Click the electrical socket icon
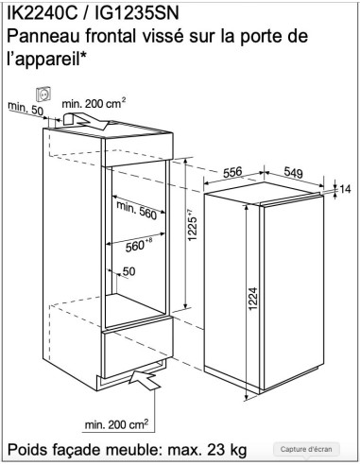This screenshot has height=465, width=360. pos(43,94)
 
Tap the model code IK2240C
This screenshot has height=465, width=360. pos(42,13)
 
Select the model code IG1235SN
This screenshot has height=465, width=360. pos(137,13)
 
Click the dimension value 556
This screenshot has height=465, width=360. pos(232,172)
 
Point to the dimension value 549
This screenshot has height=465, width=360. pos(293,172)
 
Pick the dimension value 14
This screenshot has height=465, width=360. pos(345,189)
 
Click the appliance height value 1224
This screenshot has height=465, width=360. pos(253,299)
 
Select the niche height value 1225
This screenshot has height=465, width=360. pos(192,225)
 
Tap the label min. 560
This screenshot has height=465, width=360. pos(137,210)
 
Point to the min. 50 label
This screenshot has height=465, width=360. pos(26,108)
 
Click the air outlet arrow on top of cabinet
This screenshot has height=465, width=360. pos(86,121)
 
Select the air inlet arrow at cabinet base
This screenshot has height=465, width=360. pos(145,380)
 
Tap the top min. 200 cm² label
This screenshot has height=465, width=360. pos(94,103)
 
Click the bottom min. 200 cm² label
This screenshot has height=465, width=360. pos(116,424)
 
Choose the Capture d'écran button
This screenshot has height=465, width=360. pos(306,449)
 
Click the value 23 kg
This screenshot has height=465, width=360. pos(227,450)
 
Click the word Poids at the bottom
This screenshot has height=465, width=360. pos(27,450)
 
